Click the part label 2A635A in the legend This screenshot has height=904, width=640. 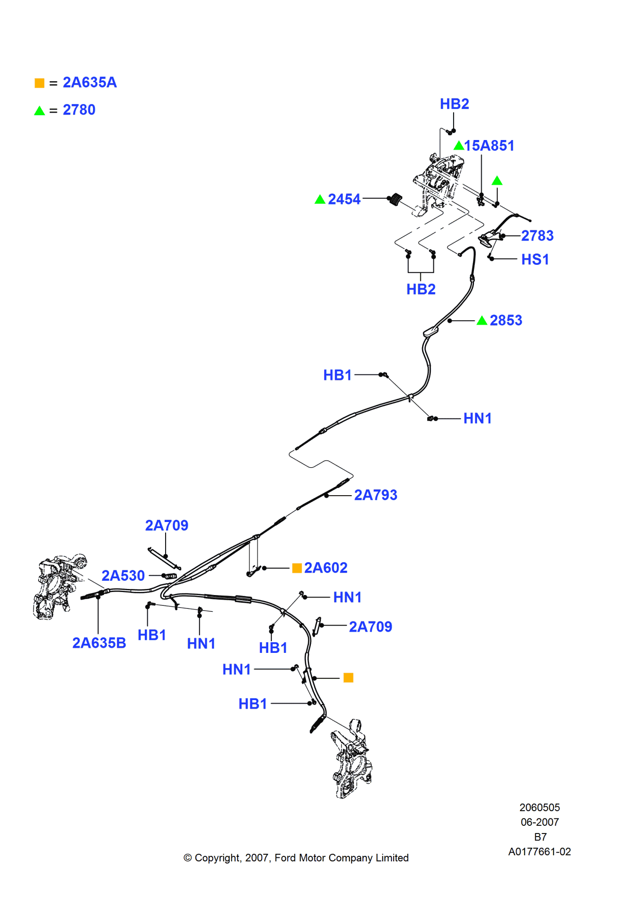(x=89, y=83)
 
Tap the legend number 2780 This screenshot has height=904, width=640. (x=79, y=110)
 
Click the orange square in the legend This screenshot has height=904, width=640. (x=40, y=83)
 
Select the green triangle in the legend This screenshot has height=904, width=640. (x=40, y=111)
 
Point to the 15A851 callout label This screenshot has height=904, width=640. (x=489, y=146)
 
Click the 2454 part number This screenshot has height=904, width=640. (x=344, y=199)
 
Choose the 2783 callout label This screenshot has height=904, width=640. (x=537, y=236)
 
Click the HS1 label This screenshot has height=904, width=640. (x=535, y=260)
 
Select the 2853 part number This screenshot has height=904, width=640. (x=505, y=321)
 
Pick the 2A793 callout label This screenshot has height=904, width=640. (x=375, y=495)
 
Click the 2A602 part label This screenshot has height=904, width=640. (x=326, y=568)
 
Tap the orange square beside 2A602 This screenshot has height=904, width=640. (x=297, y=568)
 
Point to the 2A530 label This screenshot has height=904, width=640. (x=123, y=576)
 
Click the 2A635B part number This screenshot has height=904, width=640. (x=99, y=643)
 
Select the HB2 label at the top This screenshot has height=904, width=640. (x=454, y=104)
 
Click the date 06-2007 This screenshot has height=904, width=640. (x=539, y=822)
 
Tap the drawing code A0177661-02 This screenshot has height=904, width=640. (x=539, y=852)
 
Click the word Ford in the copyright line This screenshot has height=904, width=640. (x=285, y=858)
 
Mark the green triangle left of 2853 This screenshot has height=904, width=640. (x=482, y=321)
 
